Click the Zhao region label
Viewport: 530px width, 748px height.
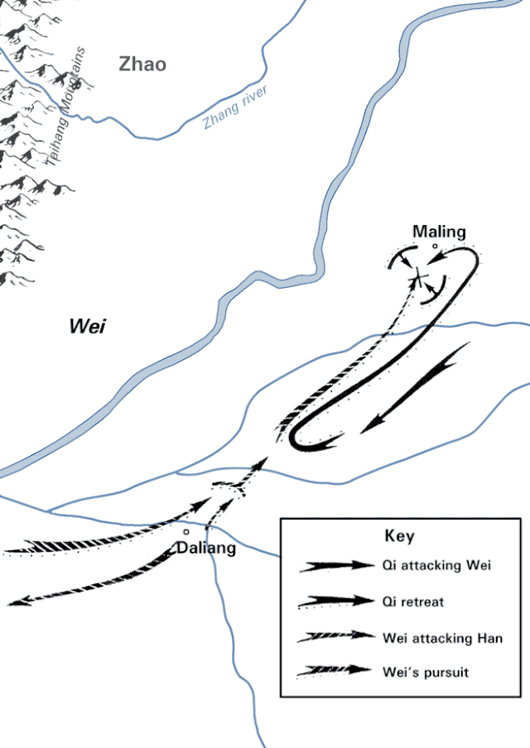point(142,64)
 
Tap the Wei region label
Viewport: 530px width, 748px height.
point(87,326)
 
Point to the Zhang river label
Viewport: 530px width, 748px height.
point(235,107)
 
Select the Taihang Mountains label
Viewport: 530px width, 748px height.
point(66,106)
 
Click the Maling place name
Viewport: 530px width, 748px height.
point(439,232)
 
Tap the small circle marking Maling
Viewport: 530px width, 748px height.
point(435,246)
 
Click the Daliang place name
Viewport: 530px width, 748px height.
point(206,548)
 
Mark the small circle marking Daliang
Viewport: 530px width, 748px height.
point(186,531)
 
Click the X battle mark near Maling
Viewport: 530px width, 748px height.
point(418,276)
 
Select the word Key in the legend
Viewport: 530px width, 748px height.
point(399,535)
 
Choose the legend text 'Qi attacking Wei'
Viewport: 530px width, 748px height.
point(436,565)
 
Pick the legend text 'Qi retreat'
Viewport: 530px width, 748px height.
point(413,602)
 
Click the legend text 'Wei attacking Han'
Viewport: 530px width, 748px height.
point(442,638)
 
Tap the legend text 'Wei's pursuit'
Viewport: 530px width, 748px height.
point(426,672)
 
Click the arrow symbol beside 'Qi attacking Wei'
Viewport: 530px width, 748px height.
point(336,566)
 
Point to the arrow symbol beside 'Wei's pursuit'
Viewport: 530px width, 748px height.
point(335,671)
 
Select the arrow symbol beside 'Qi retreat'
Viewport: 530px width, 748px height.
point(336,602)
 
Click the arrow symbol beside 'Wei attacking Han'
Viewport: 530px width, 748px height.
point(335,636)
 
